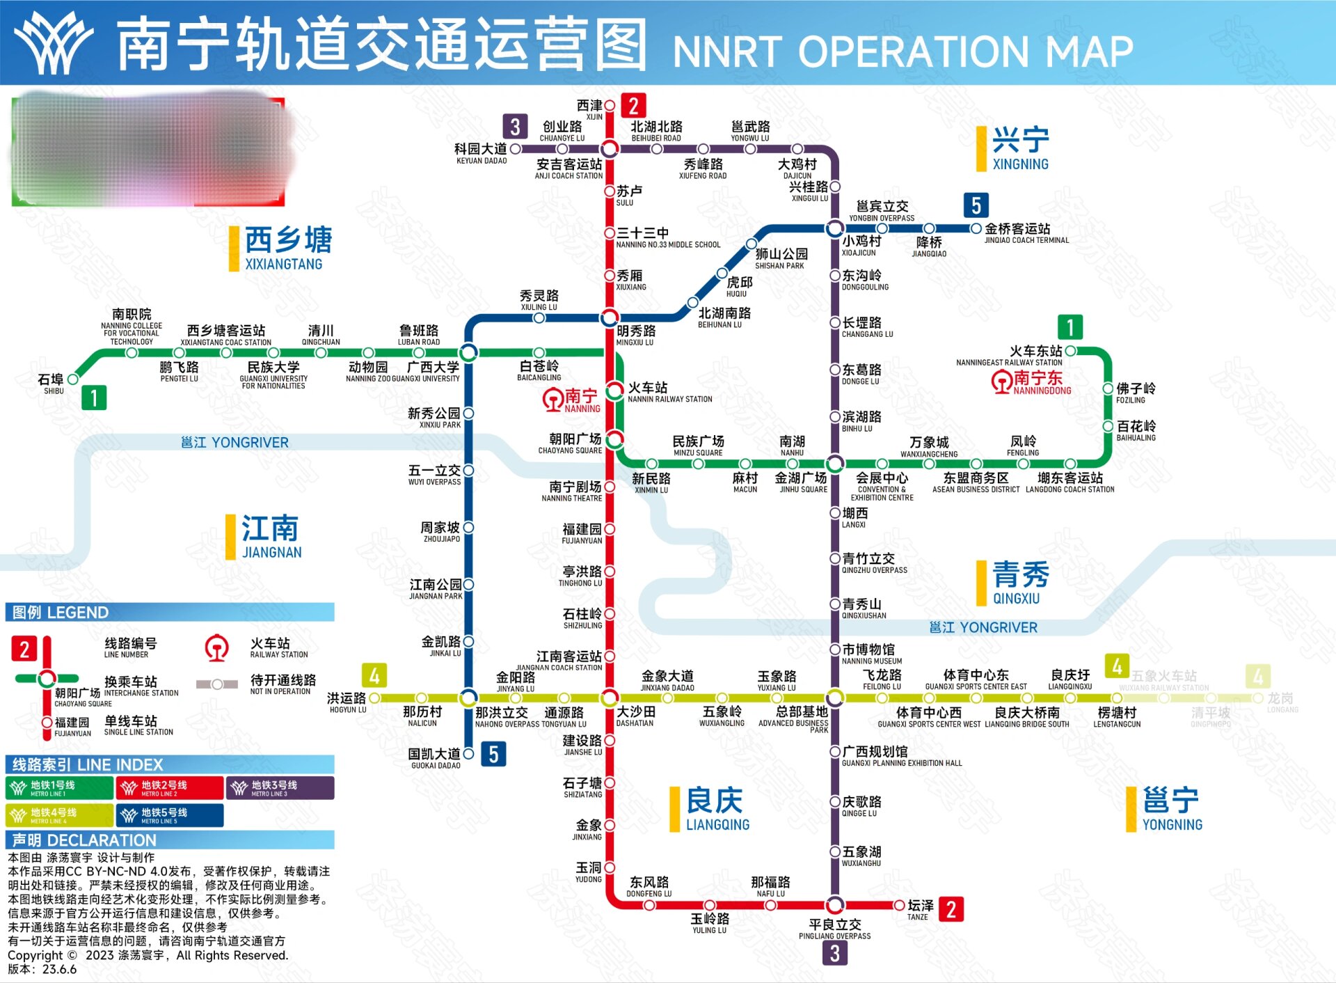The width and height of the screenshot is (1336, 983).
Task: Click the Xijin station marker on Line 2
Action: coord(610,106)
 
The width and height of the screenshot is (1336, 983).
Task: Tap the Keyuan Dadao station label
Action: coord(481,153)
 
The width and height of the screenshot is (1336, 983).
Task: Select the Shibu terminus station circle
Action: coord(72,379)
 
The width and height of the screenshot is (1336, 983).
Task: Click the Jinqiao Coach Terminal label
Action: coord(1026,233)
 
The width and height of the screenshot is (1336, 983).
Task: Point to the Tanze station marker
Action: coord(899,905)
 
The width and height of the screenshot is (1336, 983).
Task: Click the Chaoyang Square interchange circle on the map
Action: coord(614,439)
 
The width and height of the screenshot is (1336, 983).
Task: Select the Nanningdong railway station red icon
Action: coord(1002,382)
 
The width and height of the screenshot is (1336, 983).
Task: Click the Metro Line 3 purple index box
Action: coord(280,787)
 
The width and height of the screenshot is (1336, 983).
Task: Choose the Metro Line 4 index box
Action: coord(59,815)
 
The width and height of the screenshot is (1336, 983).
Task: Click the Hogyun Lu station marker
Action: coord(374,698)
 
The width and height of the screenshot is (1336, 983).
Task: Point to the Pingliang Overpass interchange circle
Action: coord(835,905)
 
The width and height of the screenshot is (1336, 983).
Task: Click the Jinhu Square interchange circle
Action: coord(835,464)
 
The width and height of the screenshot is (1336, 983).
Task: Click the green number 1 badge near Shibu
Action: coord(94,398)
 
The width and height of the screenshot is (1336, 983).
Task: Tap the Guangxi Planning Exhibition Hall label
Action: coord(901,756)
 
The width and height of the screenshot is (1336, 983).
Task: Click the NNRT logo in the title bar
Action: coord(54,43)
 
